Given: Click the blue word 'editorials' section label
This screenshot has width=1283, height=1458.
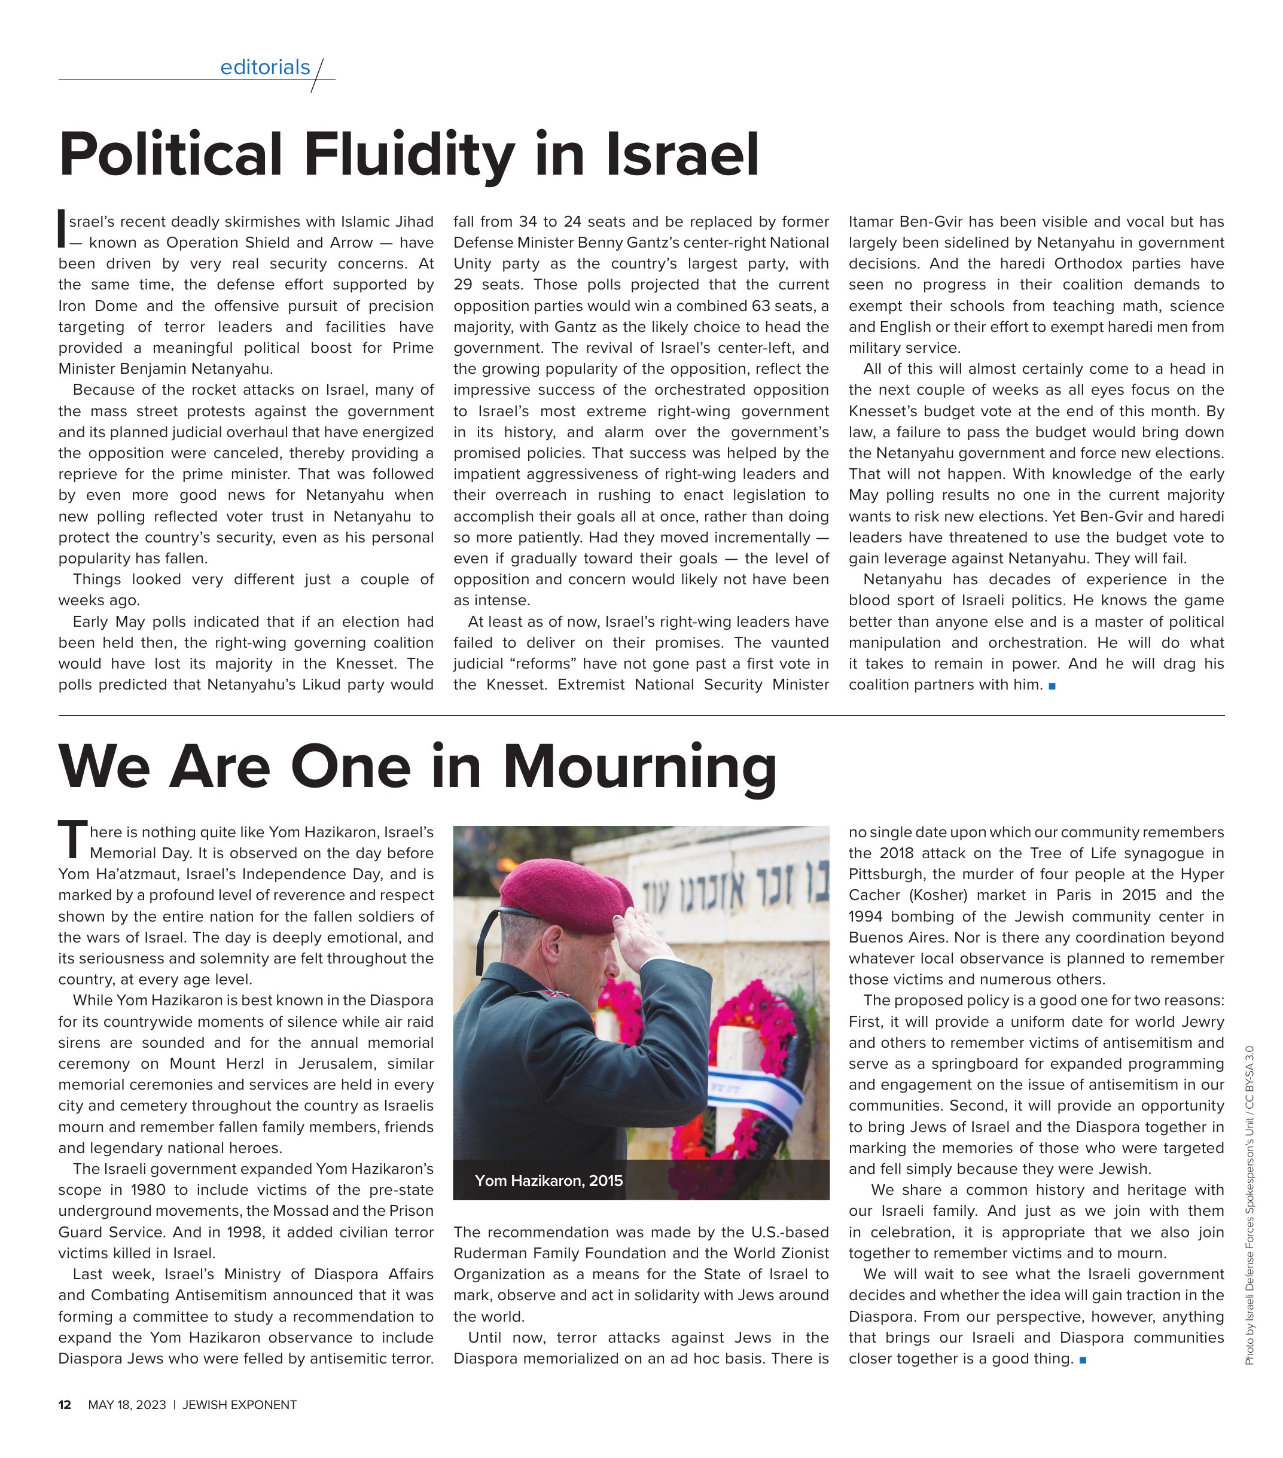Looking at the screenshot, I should pos(265,67).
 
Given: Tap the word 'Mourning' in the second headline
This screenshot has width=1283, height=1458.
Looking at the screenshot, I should pos(639,766).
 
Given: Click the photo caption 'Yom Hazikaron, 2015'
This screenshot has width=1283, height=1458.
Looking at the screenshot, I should pos(548,1181).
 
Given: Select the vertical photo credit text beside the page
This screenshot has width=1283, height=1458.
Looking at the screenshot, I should pos(1249,1206).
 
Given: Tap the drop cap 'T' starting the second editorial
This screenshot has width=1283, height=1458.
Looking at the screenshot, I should pos(71,840).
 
